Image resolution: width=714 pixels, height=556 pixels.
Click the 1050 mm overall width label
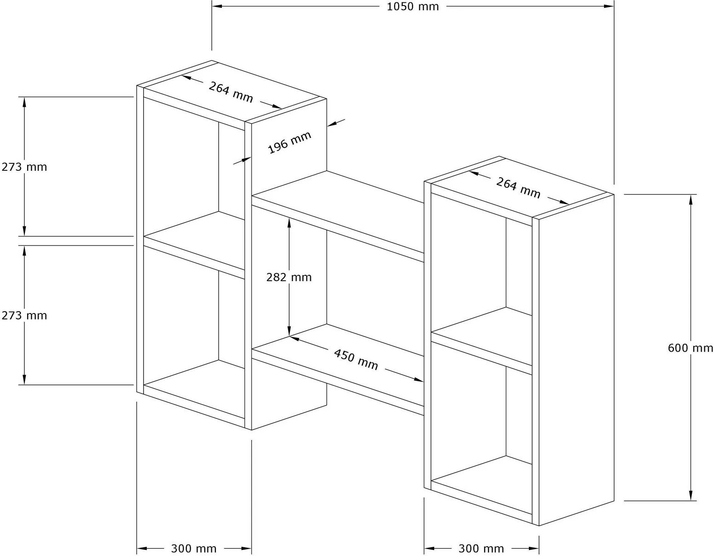click(x=412, y=6)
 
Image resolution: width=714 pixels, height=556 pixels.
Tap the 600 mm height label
click(x=691, y=348)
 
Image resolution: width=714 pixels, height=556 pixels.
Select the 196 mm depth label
click(x=290, y=143)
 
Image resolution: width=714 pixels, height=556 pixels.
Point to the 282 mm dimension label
click(x=289, y=277)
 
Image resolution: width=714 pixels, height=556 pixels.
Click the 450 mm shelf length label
click(x=356, y=359)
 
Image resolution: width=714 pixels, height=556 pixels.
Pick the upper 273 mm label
click(x=24, y=167)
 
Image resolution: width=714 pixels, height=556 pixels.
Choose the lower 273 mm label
click(x=24, y=315)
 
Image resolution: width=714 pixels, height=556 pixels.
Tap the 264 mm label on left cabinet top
click(x=231, y=92)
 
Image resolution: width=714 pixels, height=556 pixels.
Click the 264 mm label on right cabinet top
click(x=518, y=188)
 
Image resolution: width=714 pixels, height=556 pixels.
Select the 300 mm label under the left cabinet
click(x=193, y=549)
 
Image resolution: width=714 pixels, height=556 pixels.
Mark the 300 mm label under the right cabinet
click(x=481, y=549)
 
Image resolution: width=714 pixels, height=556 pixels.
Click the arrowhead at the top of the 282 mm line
click(x=289, y=223)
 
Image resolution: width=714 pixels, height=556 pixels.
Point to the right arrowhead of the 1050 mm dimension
click(x=609, y=6)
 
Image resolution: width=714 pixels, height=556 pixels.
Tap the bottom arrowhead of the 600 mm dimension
click(x=691, y=496)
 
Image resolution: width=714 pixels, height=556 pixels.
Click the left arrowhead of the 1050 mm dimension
click(x=217, y=6)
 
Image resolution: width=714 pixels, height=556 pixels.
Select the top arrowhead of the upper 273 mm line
click(x=24, y=102)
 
